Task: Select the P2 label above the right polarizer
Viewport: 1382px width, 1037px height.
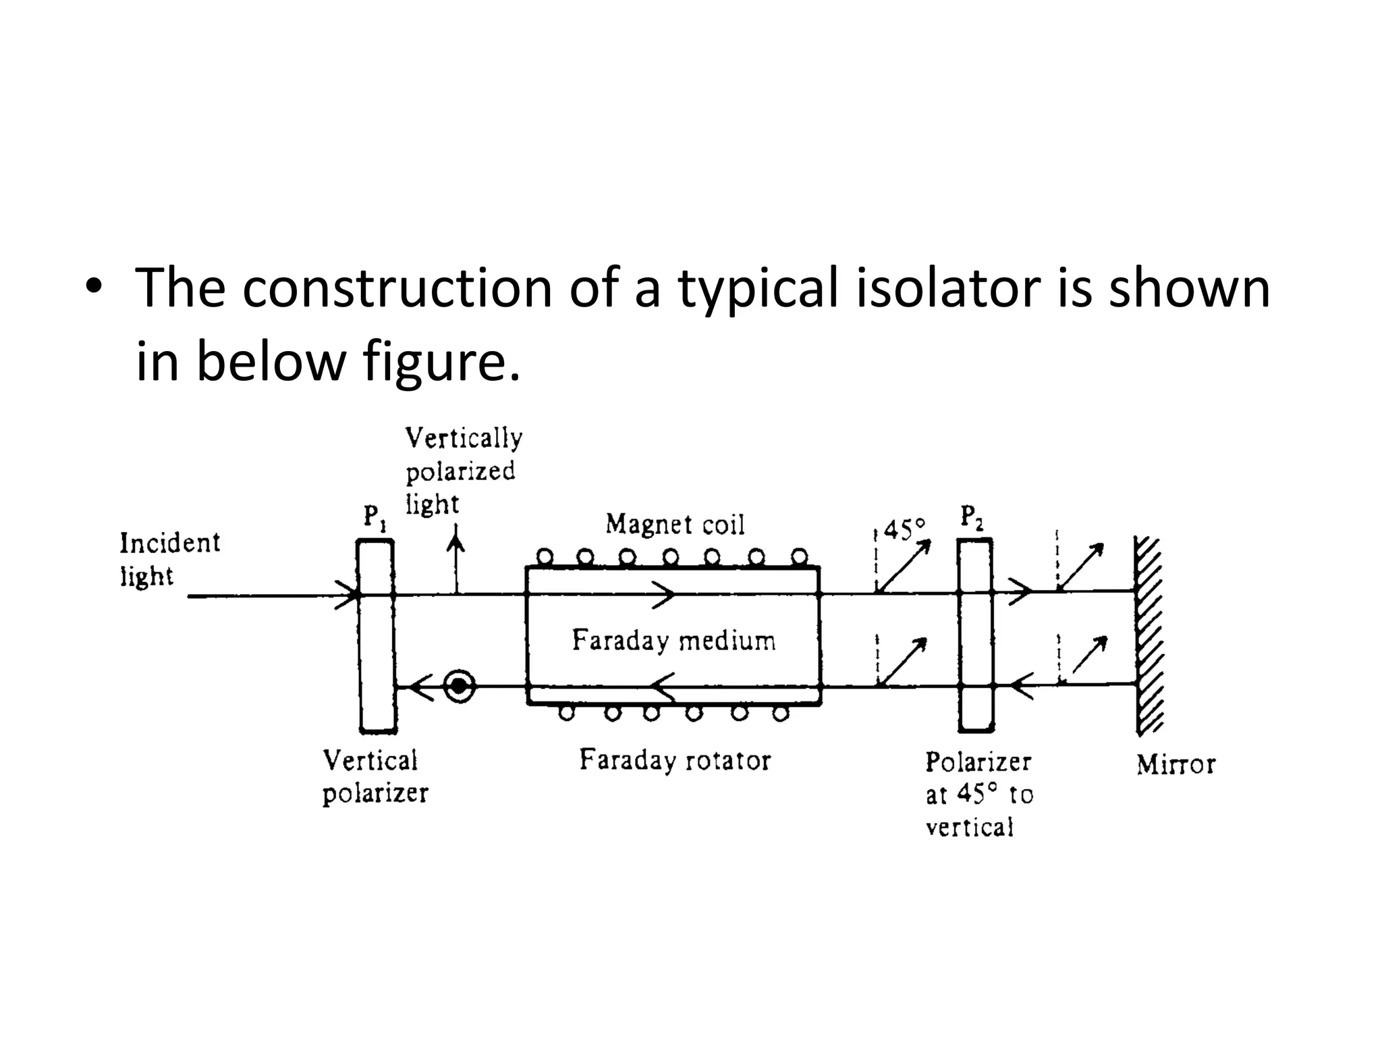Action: [x=972, y=518]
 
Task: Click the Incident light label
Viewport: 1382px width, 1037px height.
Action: [x=169, y=560]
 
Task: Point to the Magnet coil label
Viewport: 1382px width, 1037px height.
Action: [x=675, y=525]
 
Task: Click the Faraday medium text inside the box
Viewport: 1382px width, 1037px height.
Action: [x=673, y=640]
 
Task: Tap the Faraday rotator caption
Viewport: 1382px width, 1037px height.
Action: [x=675, y=760]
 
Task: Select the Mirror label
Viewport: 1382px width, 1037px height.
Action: [x=1176, y=764]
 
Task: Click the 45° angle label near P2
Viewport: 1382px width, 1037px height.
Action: [x=904, y=529]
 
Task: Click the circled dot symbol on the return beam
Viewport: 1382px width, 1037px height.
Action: [x=460, y=686]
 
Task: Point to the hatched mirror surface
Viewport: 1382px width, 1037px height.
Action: [x=1149, y=635]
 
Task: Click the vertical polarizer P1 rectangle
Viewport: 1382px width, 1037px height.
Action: [x=377, y=635]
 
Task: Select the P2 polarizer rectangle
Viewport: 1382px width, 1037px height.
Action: [x=976, y=635]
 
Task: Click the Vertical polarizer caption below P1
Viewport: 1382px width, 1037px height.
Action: [x=375, y=776]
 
